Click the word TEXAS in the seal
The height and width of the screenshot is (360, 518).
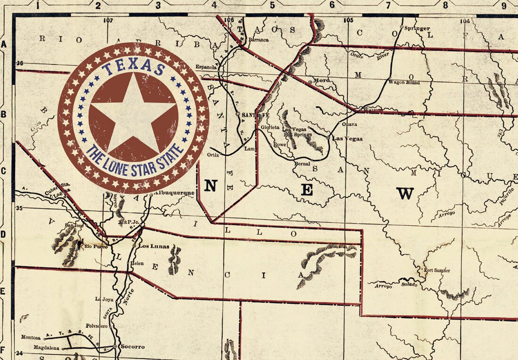pyautogui.click(x=133, y=68)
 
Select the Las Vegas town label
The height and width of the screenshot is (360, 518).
pyautogui.click(x=347, y=138)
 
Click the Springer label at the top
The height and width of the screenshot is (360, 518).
pyautogui.click(x=417, y=28)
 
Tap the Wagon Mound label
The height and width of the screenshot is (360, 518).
pyautogui.click(x=404, y=82)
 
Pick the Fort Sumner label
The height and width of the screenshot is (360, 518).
pyautogui.click(x=437, y=271)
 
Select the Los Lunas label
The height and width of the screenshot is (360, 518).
pyautogui.click(x=153, y=246)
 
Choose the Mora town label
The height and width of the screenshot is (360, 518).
pyautogui.click(x=322, y=80)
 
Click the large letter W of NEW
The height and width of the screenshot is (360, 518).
pyautogui.click(x=405, y=193)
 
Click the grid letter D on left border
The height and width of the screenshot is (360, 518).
pyautogui.click(x=3, y=234)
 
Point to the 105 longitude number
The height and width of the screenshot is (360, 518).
pyautogui.click(x=348, y=20)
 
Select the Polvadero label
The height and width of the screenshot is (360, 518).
pyautogui.click(x=97, y=326)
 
